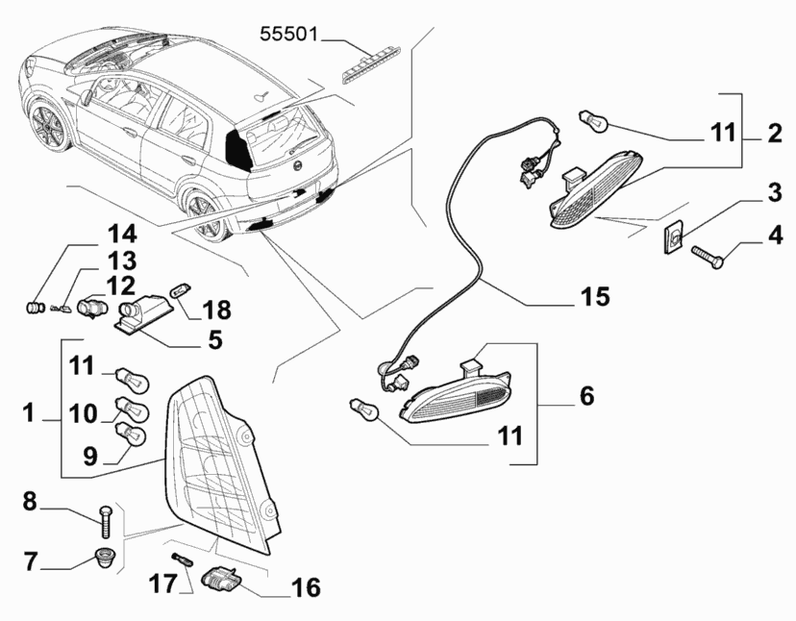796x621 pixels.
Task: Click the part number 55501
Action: tap(289, 37)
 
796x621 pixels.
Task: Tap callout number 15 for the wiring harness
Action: tap(593, 297)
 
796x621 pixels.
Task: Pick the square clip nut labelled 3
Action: tap(677, 236)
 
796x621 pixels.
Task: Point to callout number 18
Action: tap(217, 310)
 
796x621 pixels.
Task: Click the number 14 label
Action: tap(122, 234)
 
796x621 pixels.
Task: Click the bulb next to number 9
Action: tap(131, 437)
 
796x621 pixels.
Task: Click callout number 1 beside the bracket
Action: tap(30, 414)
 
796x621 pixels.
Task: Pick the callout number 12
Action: tap(120, 286)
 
